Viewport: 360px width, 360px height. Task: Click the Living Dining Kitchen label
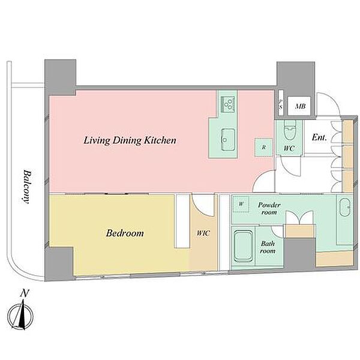pyautogui.click(x=130, y=140)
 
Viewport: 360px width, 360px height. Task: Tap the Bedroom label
pyautogui.click(x=125, y=233)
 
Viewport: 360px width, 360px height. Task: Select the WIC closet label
pyautogui.click(x=203, y=233)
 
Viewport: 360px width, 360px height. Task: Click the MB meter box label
pyautogui.click(x=301, y=106)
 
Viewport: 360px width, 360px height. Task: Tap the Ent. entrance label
pyautogui.click(x=319, y=137)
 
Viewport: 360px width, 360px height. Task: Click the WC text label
pyautogui.click(x=289, y=148)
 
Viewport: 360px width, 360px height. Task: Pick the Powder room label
pyautogui.click(x=269, y=208)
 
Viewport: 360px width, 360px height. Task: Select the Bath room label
pyautogui.click(x=268, y=247)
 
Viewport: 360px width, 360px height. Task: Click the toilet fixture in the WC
pyautogui.click(x=290, y=130)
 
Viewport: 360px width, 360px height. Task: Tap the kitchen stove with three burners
pyautogui.click(x=228, y=104)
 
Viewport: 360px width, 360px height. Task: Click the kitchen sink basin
pyautogui.click(x=228, y=140)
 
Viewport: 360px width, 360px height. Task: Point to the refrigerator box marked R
pyautogui.click(x=263, y=147)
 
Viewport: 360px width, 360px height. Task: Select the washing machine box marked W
pyautogui.click(x=241, y=203)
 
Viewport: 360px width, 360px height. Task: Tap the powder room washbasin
pyautogui.click(x=345, y=207)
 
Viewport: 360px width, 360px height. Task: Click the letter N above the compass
pyautogui.click(x=25, y=293)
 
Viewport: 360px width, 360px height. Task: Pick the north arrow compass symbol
pyautogui.click(x=20, y=316)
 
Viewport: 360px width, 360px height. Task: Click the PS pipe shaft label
pyautogui.click(x=281, y=104)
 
